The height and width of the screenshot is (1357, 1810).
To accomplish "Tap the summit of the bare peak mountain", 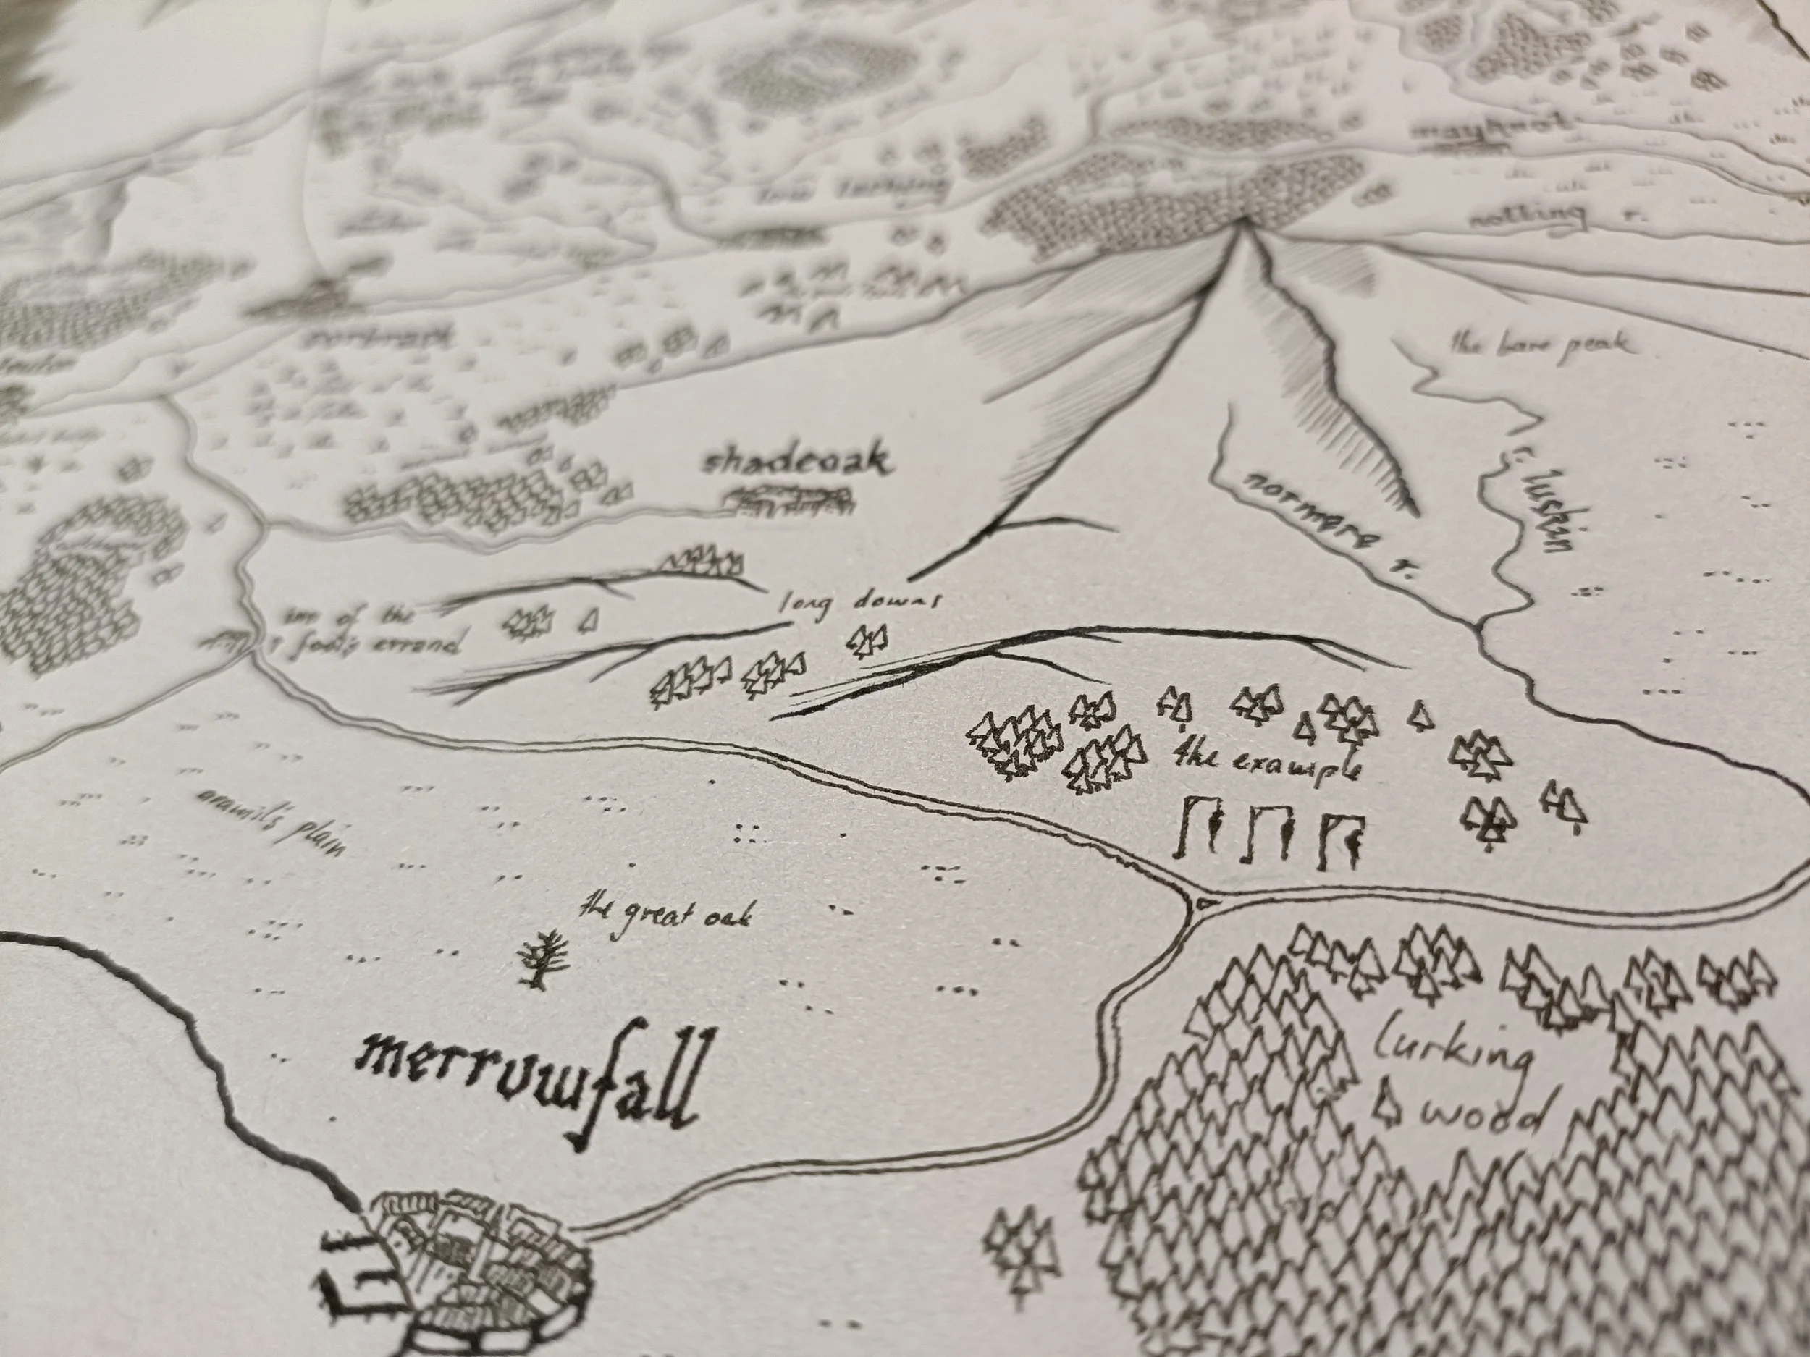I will [1245, 225].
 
